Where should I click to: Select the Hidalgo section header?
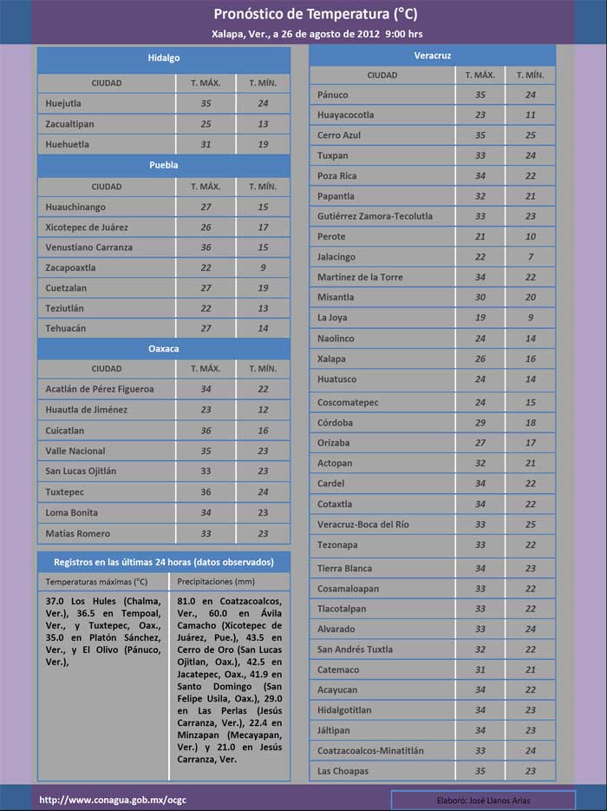click(163, 57)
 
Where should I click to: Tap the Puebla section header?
click(163, 165)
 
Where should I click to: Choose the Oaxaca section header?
click(163, 348)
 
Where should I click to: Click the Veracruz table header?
click(433, 56)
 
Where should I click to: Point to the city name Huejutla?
click(63, 103)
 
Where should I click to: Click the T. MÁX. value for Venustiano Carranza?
click(206, 247)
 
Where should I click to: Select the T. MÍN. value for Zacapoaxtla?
click(263, 267)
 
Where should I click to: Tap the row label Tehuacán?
click(67, 328)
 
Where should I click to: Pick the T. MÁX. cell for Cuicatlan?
click(206, 431)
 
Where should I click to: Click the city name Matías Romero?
click(78, 533)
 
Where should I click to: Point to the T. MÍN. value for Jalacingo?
click(531, 257)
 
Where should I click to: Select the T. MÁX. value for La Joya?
click(480, 318)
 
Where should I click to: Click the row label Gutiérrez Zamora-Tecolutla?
click(375, 216)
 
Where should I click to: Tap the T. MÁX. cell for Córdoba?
click(480, 423)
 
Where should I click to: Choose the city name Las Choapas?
click(343, 771)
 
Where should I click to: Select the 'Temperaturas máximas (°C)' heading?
click(96, 582)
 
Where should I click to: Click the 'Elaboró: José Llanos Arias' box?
click(483, 799)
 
